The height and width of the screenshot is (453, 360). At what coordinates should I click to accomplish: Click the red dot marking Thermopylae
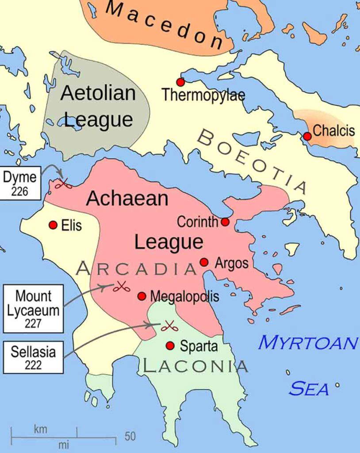point(180,82)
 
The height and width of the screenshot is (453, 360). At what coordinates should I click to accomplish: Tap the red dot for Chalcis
point(307,136)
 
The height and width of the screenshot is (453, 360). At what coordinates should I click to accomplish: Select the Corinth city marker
point(225,222)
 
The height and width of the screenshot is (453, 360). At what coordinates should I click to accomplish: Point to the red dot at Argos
point(204,262)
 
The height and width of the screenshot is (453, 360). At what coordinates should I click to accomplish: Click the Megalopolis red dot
point(142,296)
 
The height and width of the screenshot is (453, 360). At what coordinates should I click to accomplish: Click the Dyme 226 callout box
point(21,183)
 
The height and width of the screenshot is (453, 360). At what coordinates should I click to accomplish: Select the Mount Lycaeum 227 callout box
point(33,309)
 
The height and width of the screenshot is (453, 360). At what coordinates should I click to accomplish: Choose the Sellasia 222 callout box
point(33,357)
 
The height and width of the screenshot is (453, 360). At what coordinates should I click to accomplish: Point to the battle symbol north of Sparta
point(169,326)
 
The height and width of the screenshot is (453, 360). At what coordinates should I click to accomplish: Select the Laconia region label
point(195,366)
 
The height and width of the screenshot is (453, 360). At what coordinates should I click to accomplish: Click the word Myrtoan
point(307,342)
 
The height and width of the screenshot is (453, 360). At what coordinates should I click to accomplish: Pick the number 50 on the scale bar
point(130,436)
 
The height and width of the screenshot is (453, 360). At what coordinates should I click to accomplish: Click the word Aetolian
point(98,93)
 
